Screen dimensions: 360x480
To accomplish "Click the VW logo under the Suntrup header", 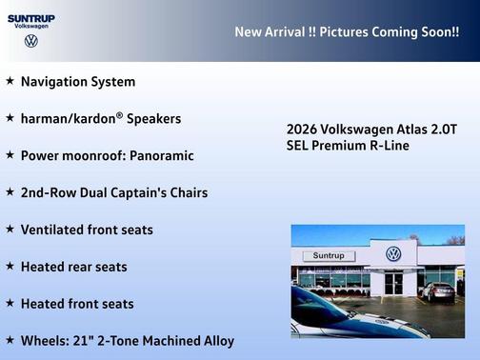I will [x=31, y=42].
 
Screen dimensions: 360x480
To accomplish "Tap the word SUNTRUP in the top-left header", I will [x=31, y=18].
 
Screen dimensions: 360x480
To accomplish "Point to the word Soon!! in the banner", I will [x=437, y=32].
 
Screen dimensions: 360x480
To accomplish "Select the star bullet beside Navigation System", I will [x=10, y=82].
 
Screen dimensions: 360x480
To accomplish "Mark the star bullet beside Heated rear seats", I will [x=10, y=267].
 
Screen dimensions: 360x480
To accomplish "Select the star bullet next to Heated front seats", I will [x=10, y=304].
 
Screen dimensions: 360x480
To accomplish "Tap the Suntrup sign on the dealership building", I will [x=329, y=255].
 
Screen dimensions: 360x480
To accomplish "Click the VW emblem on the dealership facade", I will [x=392, y=253].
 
